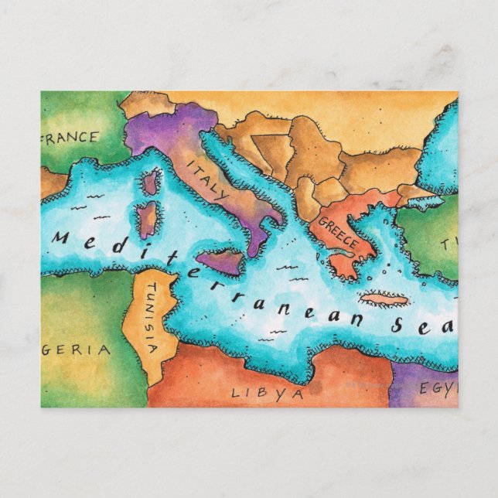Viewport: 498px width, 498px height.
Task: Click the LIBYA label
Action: (x=268, y=393)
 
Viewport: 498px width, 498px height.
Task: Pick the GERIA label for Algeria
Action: (x=77, y=350)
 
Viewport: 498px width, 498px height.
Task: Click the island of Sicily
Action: (x=220, y=262)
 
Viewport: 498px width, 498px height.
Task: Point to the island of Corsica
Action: (x=150, y=182)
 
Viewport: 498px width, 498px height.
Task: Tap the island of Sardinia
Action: (x=147, y=219)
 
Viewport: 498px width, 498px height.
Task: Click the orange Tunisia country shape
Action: (x=148, y=340)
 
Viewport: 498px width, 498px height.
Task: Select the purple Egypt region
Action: (x=418, y=387)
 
